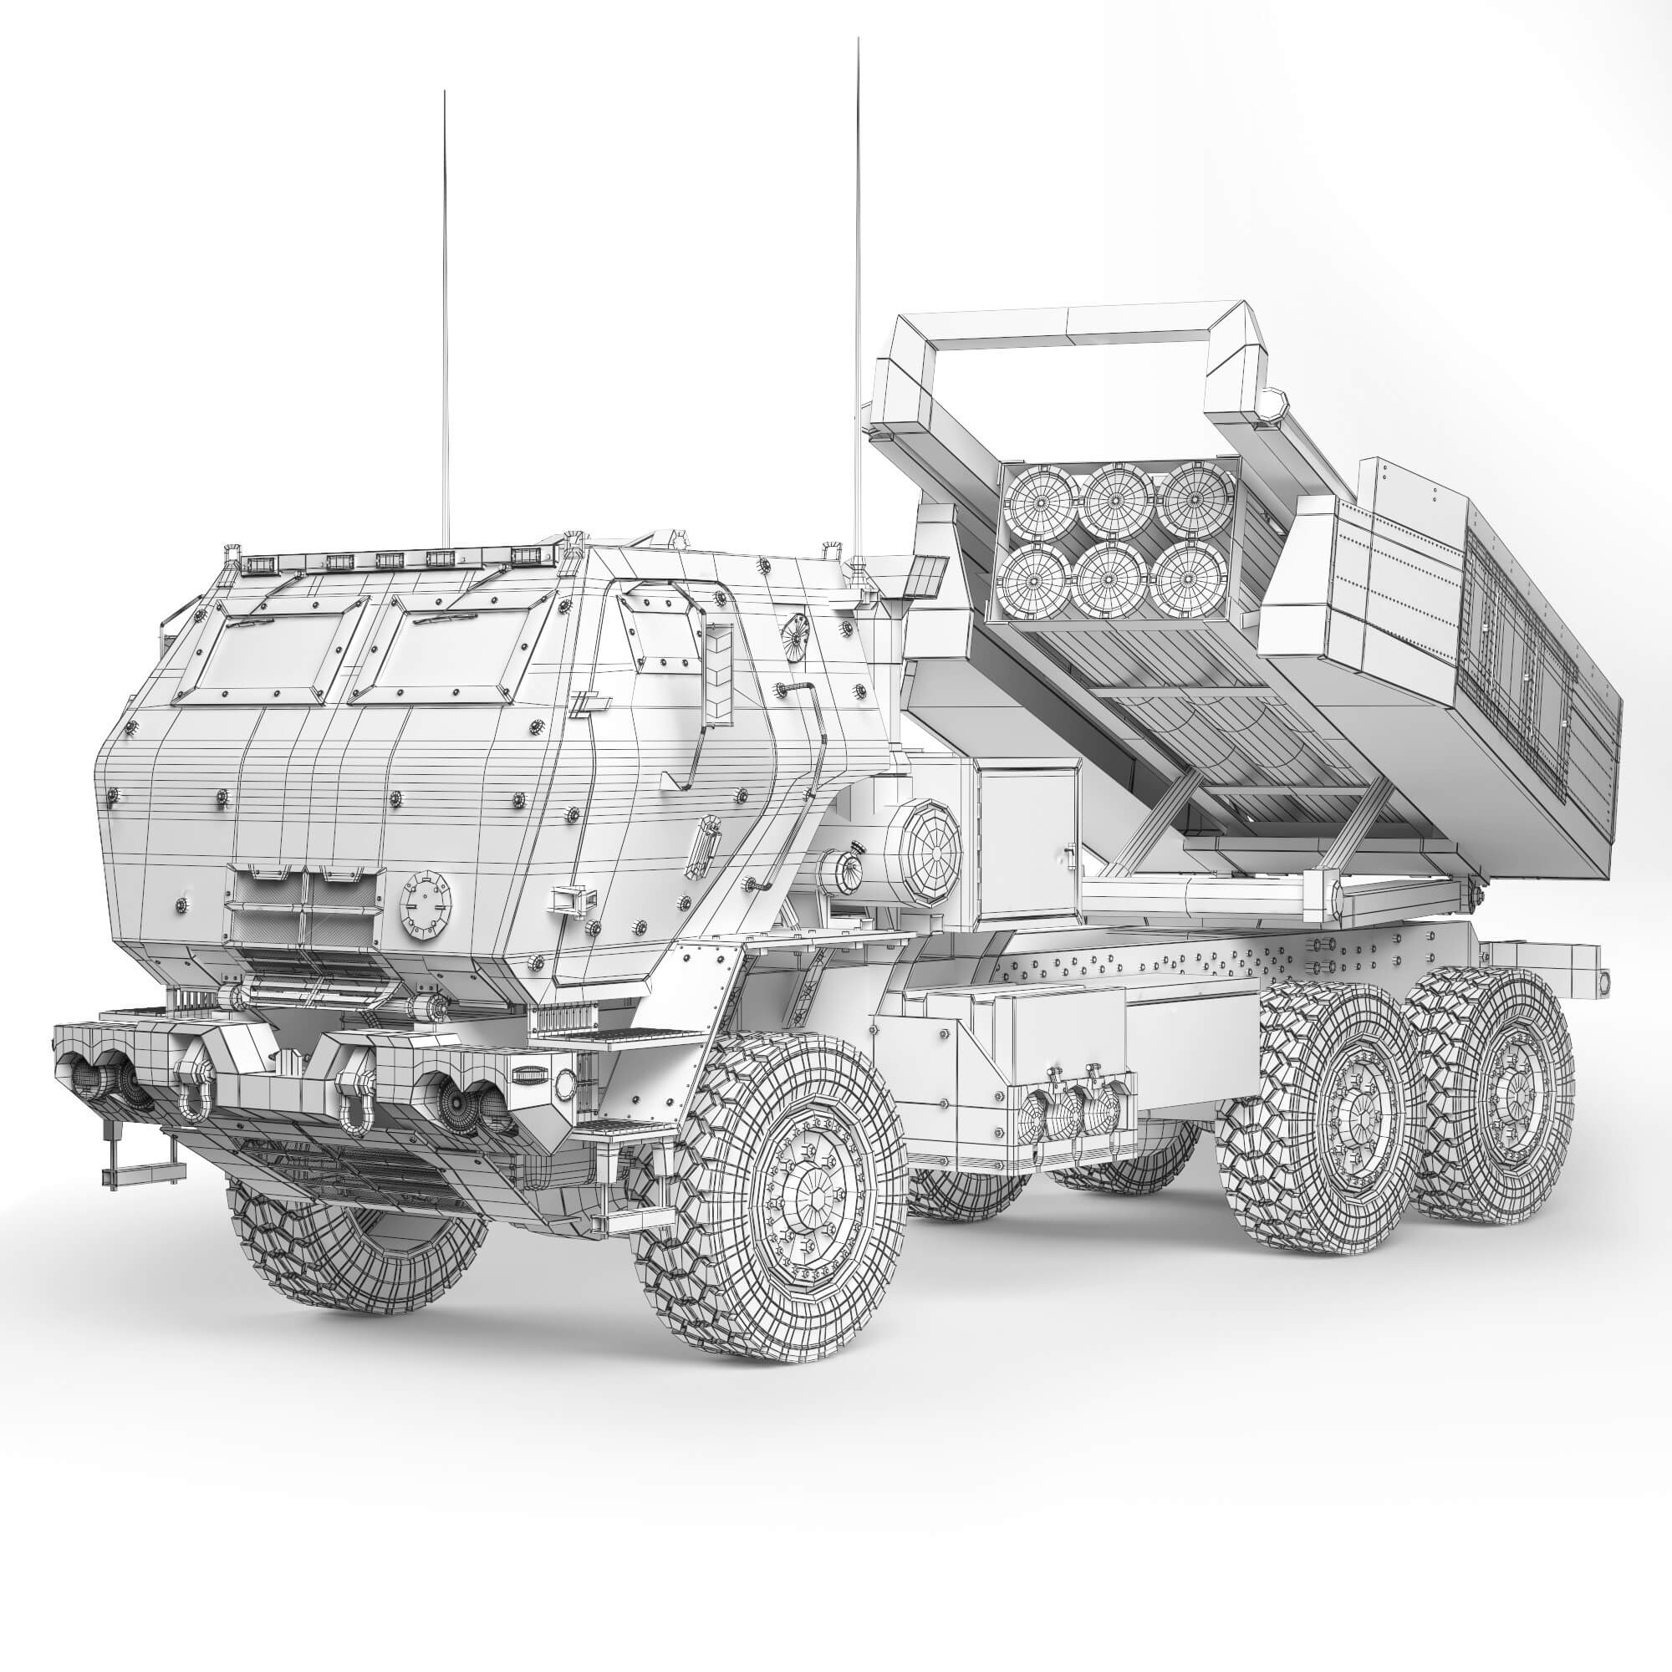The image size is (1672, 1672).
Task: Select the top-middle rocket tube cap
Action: pos(1116,500)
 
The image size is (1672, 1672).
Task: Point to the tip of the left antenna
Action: pos(444,91)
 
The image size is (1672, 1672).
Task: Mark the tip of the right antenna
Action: pos(857,39)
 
